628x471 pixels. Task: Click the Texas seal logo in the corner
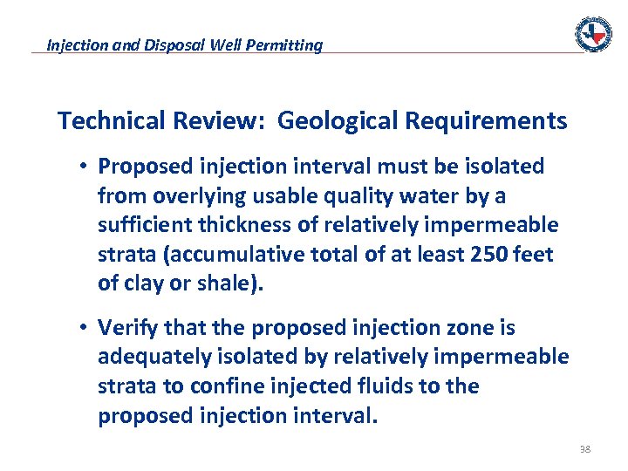point(593,34)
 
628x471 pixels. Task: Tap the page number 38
point(584,450)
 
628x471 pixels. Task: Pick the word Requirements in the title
point(485,120)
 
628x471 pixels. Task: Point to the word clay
point(140,284)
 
